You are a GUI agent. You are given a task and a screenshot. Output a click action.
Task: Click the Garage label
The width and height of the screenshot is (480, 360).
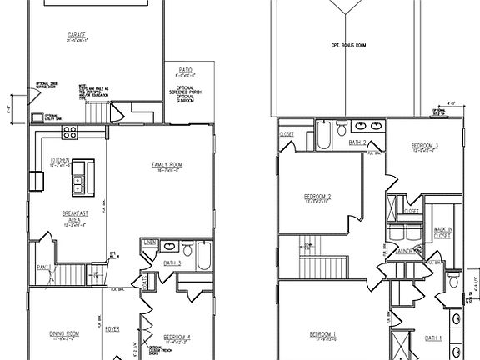point(78,35)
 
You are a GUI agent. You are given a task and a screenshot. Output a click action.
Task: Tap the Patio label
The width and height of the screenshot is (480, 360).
point(180,72)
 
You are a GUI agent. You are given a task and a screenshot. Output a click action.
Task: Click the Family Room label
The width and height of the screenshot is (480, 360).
point(167,165)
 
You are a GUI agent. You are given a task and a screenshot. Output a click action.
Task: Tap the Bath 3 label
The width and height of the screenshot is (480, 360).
point(172,263)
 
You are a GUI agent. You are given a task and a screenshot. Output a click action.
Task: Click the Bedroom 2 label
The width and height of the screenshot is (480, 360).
point(318,197)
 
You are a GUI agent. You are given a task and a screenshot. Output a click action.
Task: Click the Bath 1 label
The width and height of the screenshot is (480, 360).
point(432,337)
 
